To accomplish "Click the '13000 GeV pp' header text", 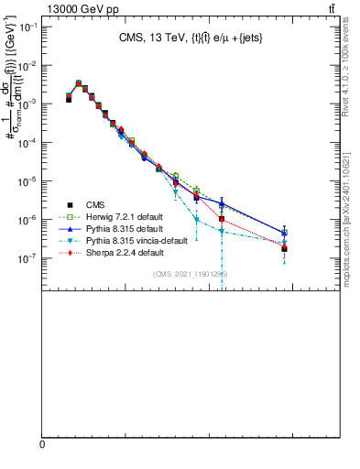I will pos(72,8).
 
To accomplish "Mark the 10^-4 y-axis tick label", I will pos(28,143).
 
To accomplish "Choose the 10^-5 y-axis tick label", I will pos(28,181).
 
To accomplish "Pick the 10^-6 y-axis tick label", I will pos(28,220).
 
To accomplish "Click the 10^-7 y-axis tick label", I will pos(28,258).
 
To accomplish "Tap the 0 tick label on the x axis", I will pos(41,444).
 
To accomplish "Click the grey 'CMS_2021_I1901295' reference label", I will pos(191,274).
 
